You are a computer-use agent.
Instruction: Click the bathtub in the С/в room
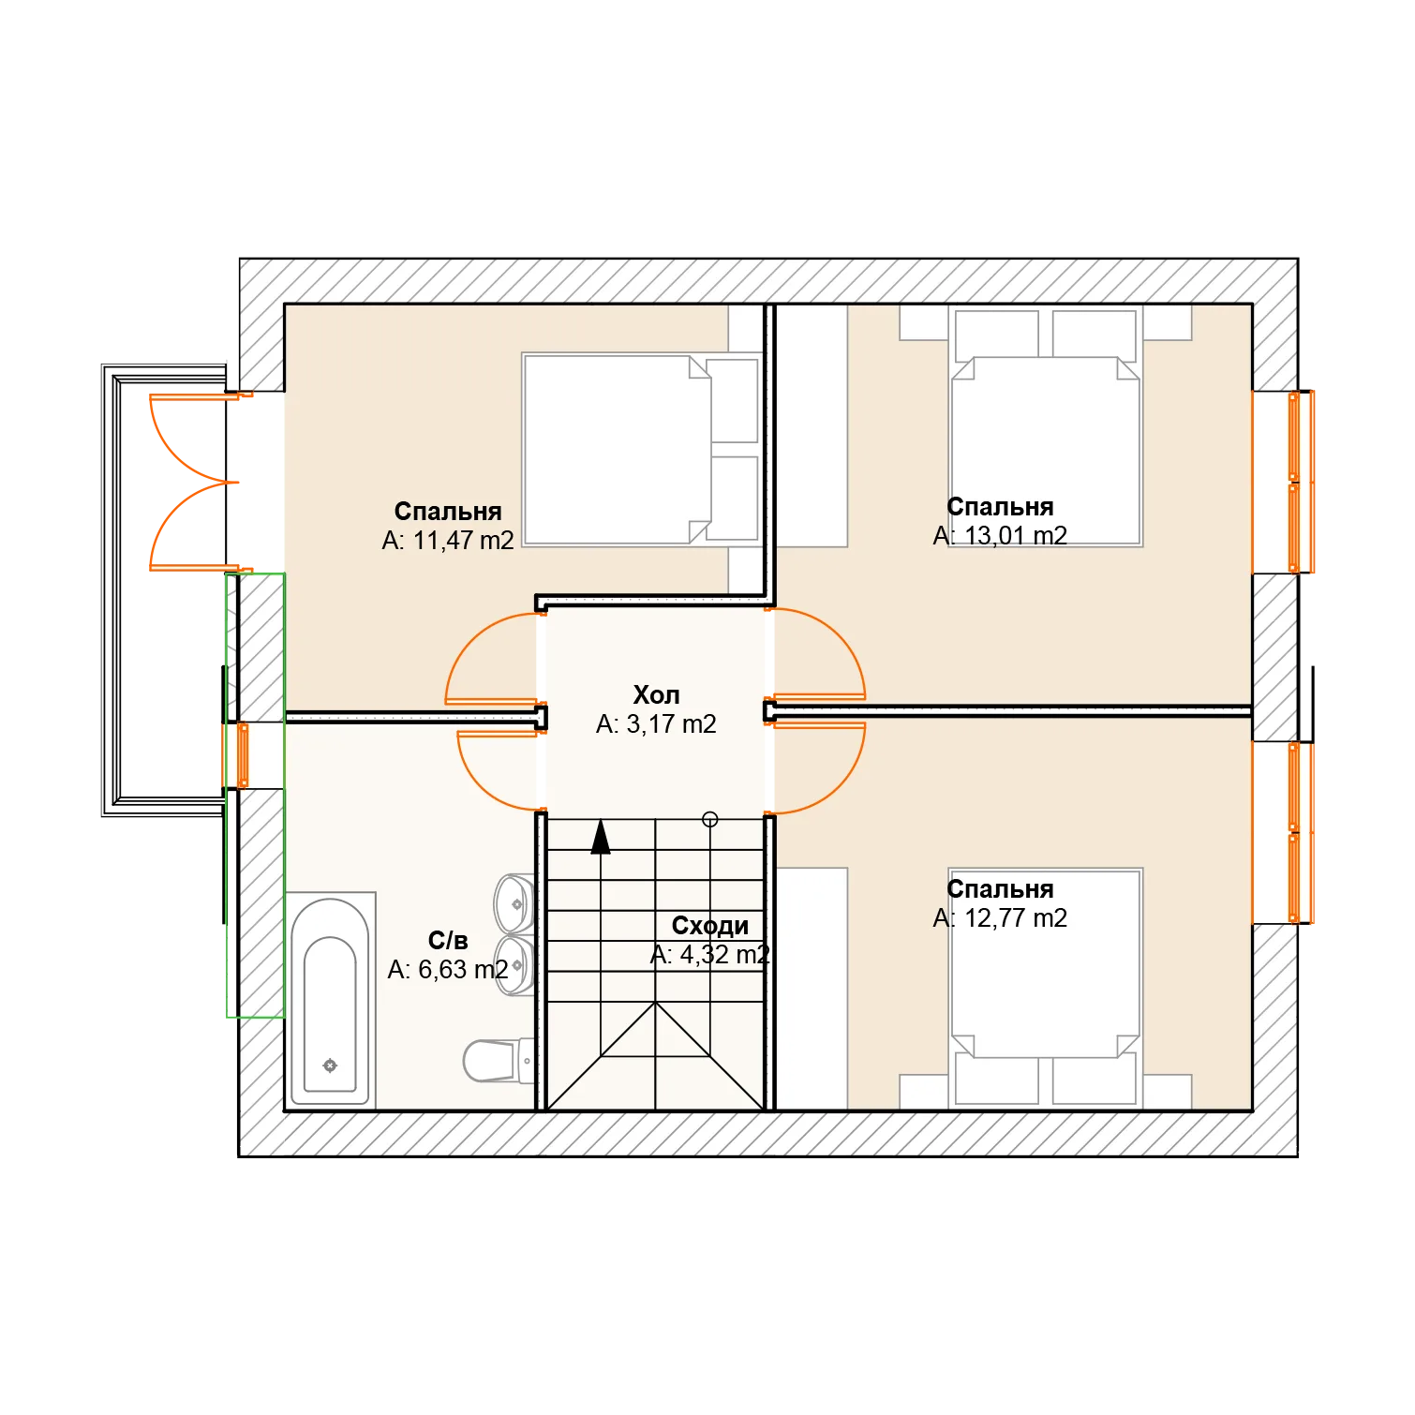tap(330, 1001)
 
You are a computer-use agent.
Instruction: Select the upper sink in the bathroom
tap(514, 903)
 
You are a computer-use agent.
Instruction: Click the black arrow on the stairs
tap(601, 837)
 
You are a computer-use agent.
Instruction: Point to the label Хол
tap(656, 695)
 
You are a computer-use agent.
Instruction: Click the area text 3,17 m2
tap(671, 724)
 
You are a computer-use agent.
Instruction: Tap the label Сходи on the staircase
tap(710, 926)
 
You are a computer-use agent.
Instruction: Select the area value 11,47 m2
tap(463, 541)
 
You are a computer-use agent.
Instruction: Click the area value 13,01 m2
tap(1016, 536)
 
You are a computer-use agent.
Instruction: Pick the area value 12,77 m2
tap(1016, 918)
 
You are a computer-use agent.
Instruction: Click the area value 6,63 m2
tap(463, 970)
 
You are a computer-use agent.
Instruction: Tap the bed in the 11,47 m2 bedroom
tap(641, 449)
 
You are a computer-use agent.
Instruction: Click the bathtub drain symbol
tap(330, 1065)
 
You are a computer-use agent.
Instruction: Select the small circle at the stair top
tap(710, 820)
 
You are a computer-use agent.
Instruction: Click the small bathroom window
tap(243, 755)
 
